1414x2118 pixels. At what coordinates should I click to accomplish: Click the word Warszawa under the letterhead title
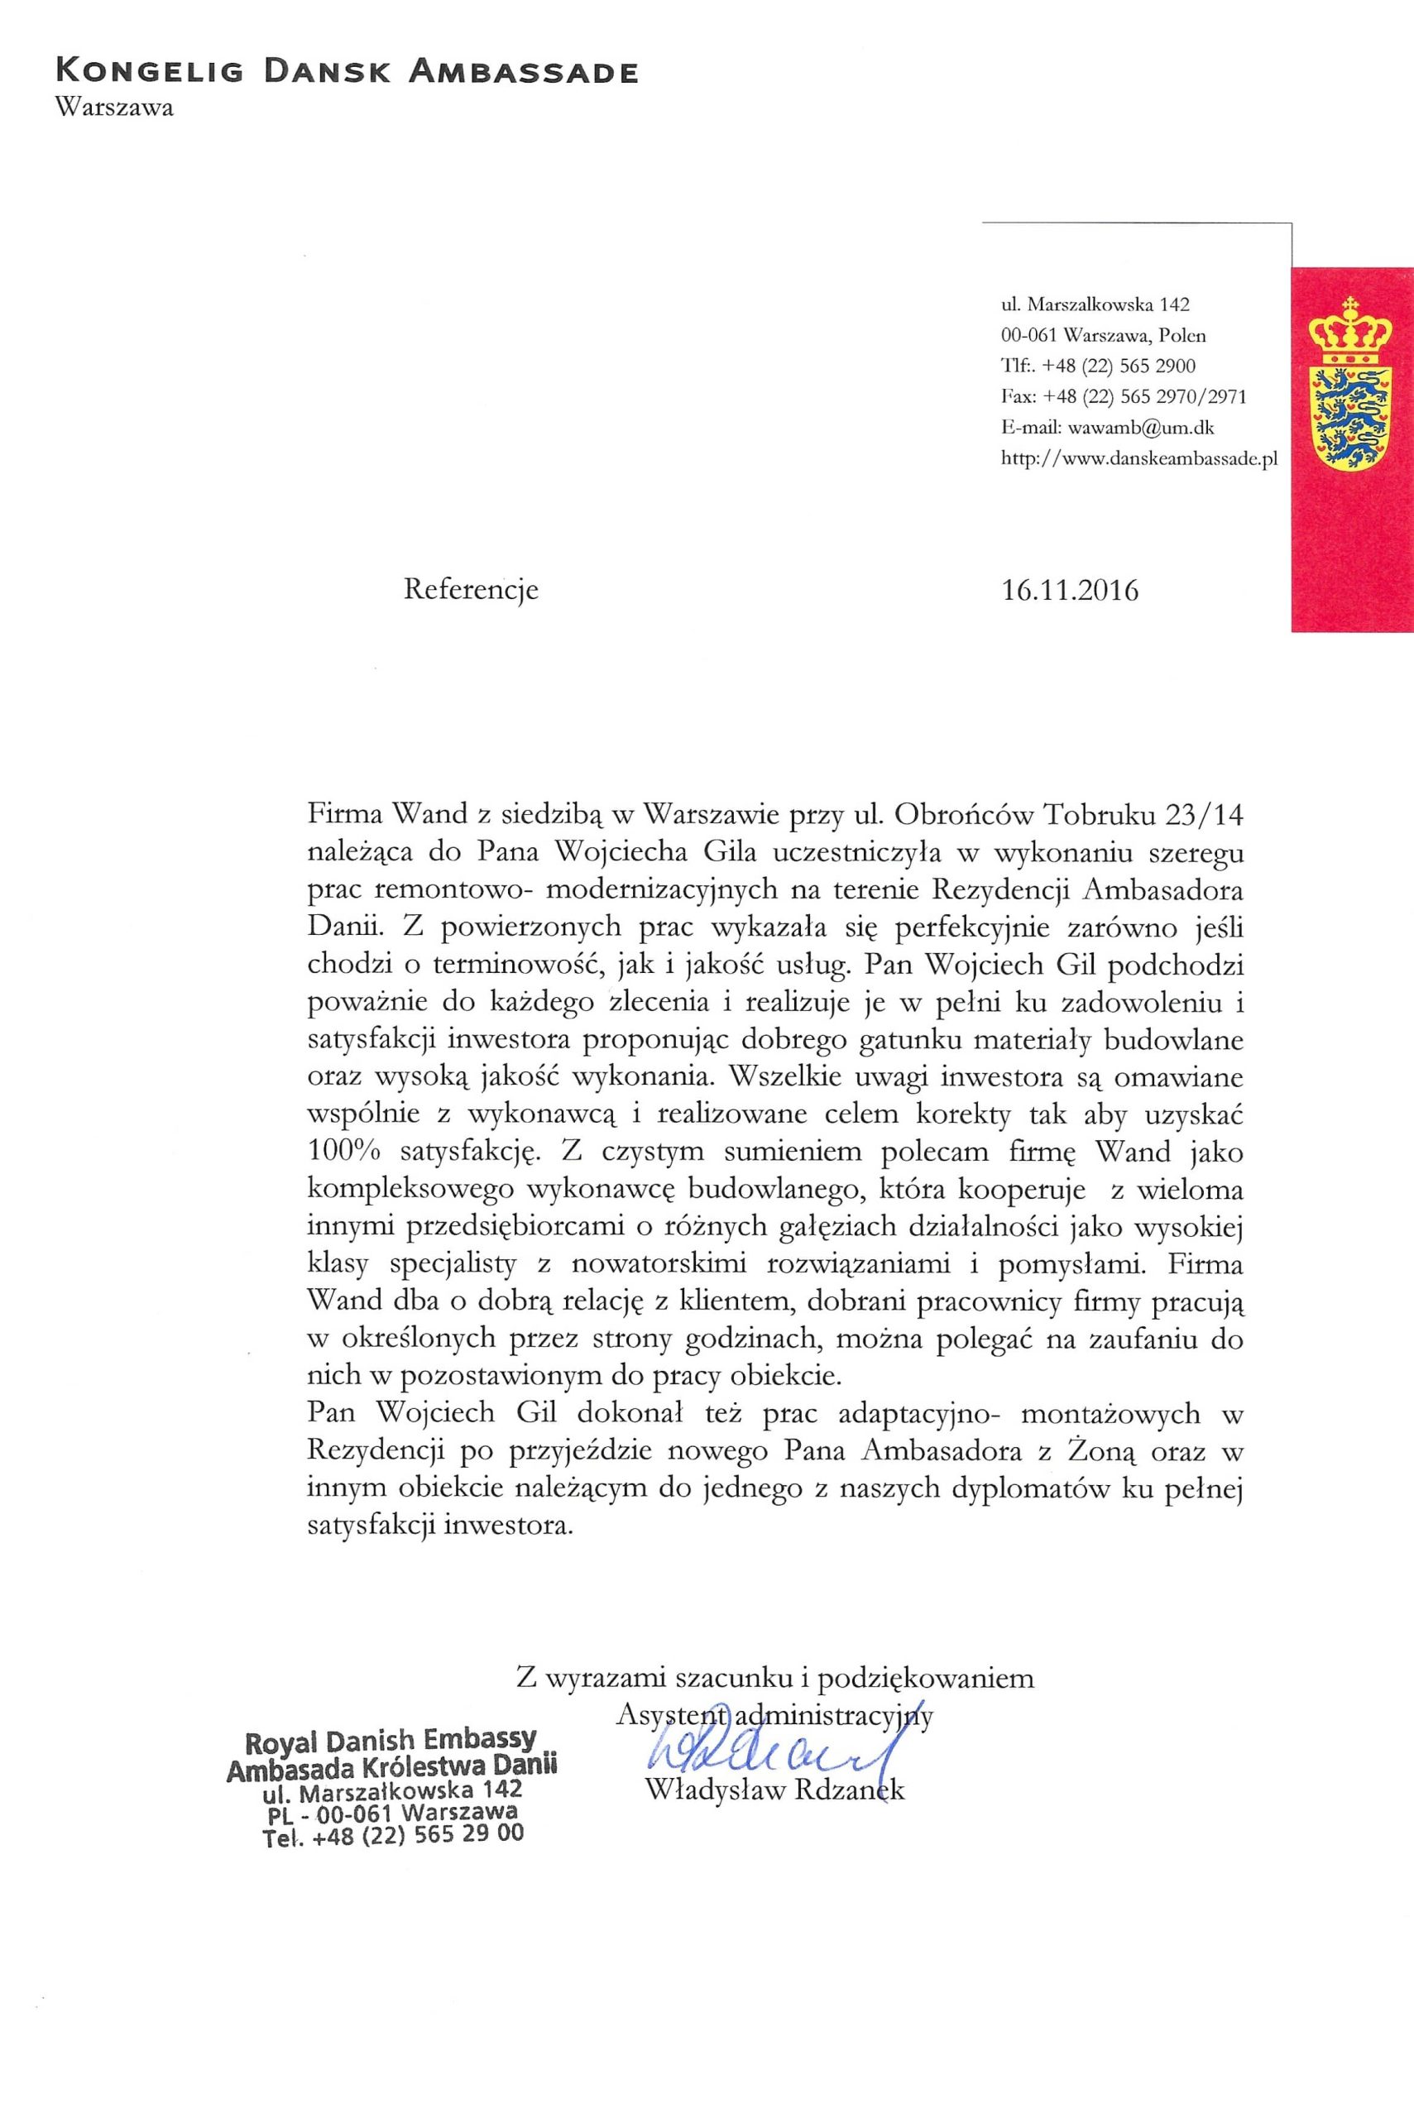(113, 108)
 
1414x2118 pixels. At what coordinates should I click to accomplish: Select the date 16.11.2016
(1070, 591)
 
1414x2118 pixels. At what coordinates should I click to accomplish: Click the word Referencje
(471, 590)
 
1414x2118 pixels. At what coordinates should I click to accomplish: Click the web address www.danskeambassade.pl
(1141, 458)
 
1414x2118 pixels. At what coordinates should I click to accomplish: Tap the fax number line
(1124, 397)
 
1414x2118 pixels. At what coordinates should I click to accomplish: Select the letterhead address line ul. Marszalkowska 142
(1095, 304)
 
